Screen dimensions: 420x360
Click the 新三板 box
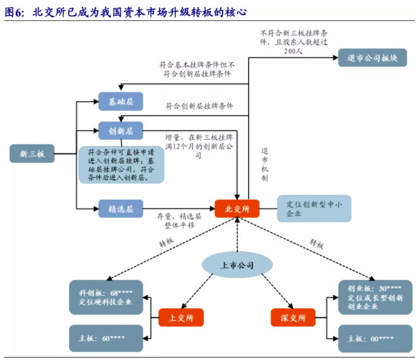(x=32, y=153)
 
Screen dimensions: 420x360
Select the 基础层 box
(x=121, y=101)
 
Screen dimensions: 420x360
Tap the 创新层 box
(x=121, y=131)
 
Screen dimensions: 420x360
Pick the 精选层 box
(x=121, y=208)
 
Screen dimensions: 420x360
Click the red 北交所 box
(x=237, y=208)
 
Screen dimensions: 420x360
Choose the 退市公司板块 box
(x=373, y=57)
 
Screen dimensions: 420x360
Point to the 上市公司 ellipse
(x=237, y=265)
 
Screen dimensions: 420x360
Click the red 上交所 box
(x=181, y=317)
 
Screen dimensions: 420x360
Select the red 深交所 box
(x=293, y=317)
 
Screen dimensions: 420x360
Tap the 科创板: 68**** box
(x=106, y=297)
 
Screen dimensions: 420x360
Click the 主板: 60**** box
(x=106, y=338)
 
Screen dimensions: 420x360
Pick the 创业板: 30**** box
(x=375, y=297)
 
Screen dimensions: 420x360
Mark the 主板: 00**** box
(x=375, y=338)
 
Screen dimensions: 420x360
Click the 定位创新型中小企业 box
(x=314, y=208)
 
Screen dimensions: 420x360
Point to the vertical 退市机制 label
(x=265, y=165)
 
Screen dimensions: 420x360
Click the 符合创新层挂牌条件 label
(x=200, y=106)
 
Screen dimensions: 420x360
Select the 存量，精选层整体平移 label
(x=179, y=221)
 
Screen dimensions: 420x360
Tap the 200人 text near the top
(x=293, y=51)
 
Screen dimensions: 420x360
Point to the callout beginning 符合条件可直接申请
(x=121, y=165)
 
